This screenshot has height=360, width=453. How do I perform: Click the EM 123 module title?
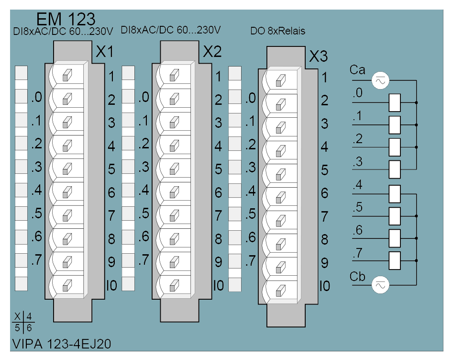66,19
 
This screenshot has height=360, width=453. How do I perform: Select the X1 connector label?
105,52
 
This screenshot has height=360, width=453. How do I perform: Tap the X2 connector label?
212,52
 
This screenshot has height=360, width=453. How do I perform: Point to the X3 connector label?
319,56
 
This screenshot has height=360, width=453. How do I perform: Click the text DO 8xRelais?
277,31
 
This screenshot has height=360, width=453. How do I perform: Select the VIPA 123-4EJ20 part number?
62,344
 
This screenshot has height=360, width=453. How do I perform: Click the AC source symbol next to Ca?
380,80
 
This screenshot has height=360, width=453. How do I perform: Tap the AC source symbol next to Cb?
380,285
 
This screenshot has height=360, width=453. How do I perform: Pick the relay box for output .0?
395,102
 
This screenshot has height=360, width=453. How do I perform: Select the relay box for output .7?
395,260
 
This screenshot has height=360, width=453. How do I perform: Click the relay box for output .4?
395,194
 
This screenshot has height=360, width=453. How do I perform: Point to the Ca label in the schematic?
357,70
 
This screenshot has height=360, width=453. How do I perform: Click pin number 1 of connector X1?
111,77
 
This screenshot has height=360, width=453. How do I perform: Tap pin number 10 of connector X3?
325,286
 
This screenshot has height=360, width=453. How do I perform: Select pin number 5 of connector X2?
219,169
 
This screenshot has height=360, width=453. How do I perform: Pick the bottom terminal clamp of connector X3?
280,291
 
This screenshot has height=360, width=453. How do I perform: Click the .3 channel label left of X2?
144,167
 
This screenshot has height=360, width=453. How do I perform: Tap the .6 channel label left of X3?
251,237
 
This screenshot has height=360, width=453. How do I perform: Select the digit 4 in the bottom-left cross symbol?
29,316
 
